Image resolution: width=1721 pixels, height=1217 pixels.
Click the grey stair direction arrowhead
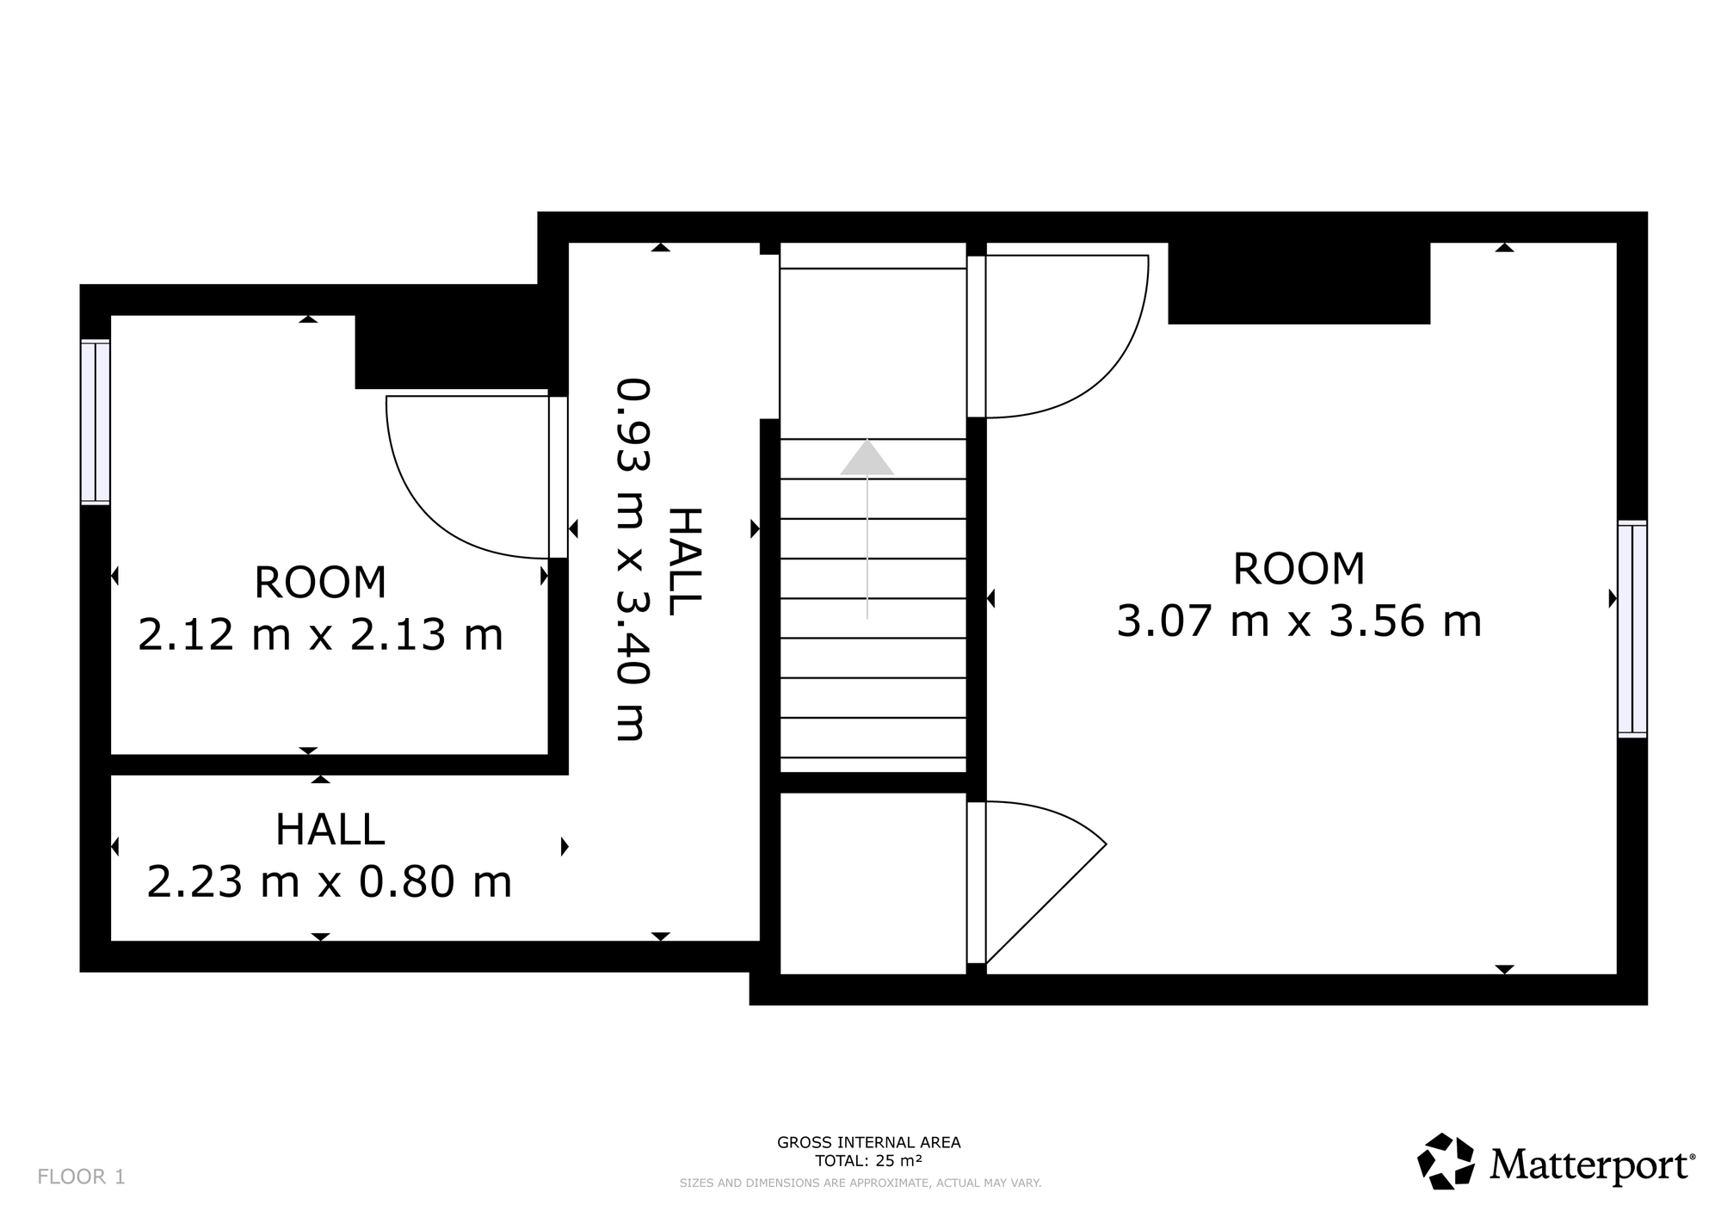867,458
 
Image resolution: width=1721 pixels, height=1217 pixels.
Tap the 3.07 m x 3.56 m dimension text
1299,621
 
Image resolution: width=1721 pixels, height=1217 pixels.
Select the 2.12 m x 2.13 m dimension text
320,635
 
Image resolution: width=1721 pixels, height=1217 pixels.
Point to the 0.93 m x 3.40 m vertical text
632,559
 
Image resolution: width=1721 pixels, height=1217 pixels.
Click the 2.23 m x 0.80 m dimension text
330,881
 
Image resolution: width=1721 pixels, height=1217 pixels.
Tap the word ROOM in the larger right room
1299,569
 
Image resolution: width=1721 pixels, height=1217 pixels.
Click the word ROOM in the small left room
320,583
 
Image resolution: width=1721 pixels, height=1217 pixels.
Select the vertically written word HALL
685,561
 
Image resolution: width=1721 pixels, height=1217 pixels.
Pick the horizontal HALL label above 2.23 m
330,830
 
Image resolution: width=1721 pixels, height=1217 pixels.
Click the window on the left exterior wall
96,422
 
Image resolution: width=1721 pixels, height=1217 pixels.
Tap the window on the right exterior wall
1632,629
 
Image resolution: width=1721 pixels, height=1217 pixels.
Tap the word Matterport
1593,1165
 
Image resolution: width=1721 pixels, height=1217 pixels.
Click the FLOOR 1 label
82,1177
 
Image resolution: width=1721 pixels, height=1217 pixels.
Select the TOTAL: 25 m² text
869,1160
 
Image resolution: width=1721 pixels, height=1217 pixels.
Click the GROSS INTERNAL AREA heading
869,1143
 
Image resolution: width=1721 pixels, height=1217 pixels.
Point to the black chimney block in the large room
1299,283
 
